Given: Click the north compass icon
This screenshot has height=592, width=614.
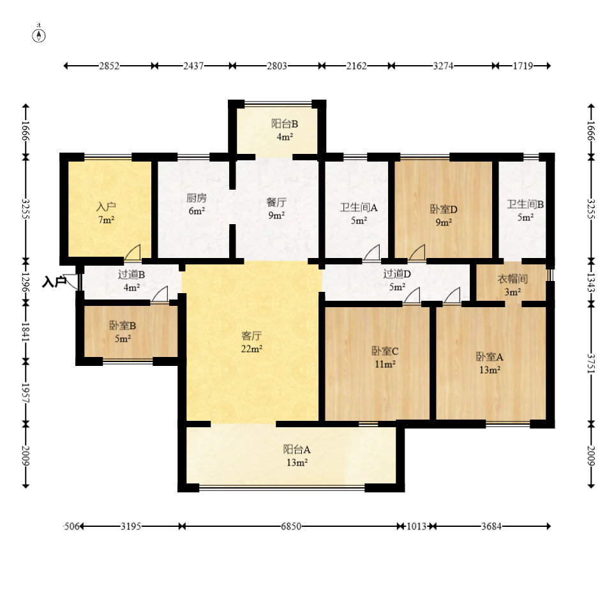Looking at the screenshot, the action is click(38, 34).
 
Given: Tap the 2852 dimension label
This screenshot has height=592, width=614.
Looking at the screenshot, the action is click(109, 66).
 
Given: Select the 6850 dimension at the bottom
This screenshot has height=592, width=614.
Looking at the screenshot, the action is click(291, 526).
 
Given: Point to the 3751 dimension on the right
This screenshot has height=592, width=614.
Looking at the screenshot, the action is click(591, 364).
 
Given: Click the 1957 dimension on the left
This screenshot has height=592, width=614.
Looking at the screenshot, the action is click(26, 393).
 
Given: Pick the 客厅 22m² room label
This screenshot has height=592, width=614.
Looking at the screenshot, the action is click(251, 342).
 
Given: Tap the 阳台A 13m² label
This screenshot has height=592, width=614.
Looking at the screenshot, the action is click(297, 456).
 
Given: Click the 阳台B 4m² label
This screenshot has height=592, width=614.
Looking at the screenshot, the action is click(285, 130).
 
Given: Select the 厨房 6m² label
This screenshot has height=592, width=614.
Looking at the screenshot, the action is click(197, 204).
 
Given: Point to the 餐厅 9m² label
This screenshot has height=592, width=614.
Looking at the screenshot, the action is click(276, 208).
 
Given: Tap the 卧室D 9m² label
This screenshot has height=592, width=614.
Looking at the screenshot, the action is click(444, 215).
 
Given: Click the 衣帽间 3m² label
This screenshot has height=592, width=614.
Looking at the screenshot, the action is click(513, 285).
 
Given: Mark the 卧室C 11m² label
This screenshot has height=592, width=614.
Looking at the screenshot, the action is click(385, 358).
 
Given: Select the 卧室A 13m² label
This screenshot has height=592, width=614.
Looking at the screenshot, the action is click(490, 363).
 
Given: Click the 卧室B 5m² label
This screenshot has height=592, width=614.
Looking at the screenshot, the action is click(123, 332).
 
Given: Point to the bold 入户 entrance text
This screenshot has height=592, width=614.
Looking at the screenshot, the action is click(54, 282).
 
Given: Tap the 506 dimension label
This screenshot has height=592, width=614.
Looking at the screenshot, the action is click(71, 526).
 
